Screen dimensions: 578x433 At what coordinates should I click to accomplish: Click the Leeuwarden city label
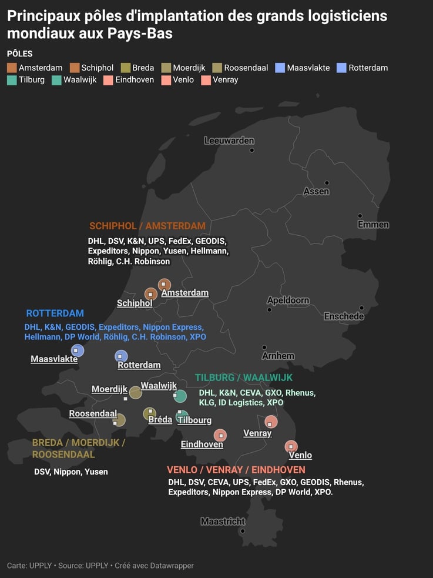pos(229,141)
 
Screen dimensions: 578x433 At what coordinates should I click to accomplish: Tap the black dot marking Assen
pos(327,183)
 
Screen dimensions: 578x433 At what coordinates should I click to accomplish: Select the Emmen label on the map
pos(373,225)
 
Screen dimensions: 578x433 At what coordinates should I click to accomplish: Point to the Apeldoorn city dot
pos(269,310)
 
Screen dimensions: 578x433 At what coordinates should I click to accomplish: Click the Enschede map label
pos(344,316)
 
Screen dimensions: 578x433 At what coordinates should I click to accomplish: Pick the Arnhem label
pos(278,356)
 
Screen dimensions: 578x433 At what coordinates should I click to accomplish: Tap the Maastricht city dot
pos(243,531)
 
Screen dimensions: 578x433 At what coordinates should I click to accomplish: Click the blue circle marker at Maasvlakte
pos(78,350)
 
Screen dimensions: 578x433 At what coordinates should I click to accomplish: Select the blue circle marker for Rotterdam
pos(121,356)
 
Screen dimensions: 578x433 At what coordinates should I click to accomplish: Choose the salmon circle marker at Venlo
pos(291,447)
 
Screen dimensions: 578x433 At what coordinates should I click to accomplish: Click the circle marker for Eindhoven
pos(220,435)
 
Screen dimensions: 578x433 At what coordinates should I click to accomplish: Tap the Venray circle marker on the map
pos(271,422)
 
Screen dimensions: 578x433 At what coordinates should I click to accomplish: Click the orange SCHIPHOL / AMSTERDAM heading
pos(147,226)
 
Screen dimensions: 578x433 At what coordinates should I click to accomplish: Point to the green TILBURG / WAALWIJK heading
pos(243,377)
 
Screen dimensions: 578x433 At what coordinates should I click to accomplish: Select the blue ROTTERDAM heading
pos(55,313)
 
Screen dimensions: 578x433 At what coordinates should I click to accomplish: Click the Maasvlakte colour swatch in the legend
pos(280,68)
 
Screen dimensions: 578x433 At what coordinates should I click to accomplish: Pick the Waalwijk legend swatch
pos(56,80)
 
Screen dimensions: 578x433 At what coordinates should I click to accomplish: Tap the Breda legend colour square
pos(125,68)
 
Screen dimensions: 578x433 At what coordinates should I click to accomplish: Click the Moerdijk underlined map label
pos(109,389)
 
